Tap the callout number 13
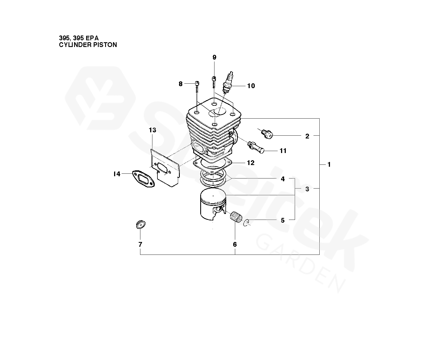point(152,130)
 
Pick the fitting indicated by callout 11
point(256,147)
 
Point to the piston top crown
point(213,196)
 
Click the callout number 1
point(329,164)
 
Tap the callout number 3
point(307,189)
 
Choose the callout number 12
point(251,163)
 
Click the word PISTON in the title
point(105,45)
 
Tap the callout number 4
point(282,179)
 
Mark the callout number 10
point(251,86)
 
